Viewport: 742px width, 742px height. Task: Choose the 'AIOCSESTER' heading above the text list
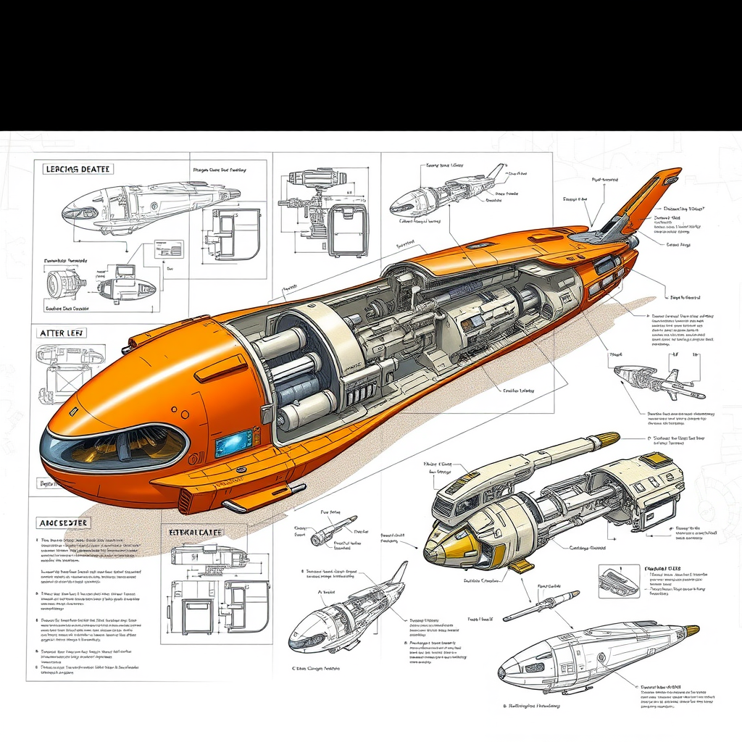[63, 522]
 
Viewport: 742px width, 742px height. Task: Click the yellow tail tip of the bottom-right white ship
[692, 630]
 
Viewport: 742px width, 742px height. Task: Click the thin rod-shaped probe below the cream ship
[541, 606]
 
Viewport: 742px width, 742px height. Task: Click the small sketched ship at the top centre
[446, 192]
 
